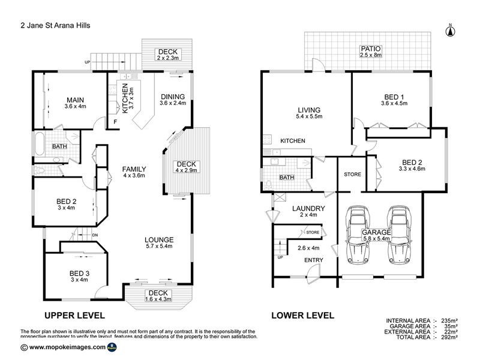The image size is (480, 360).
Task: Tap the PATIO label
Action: point(370,49)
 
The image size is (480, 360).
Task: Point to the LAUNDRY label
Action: point(308,209)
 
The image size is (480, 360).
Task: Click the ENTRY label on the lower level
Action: point(313,260)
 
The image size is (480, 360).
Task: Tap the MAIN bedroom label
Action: point(75,100)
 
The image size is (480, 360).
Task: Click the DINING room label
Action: point(172,96)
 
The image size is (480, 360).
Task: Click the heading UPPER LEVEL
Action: point(74,315)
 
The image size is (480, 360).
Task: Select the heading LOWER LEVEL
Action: point(302,315)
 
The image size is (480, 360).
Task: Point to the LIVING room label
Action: point(310,110)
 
